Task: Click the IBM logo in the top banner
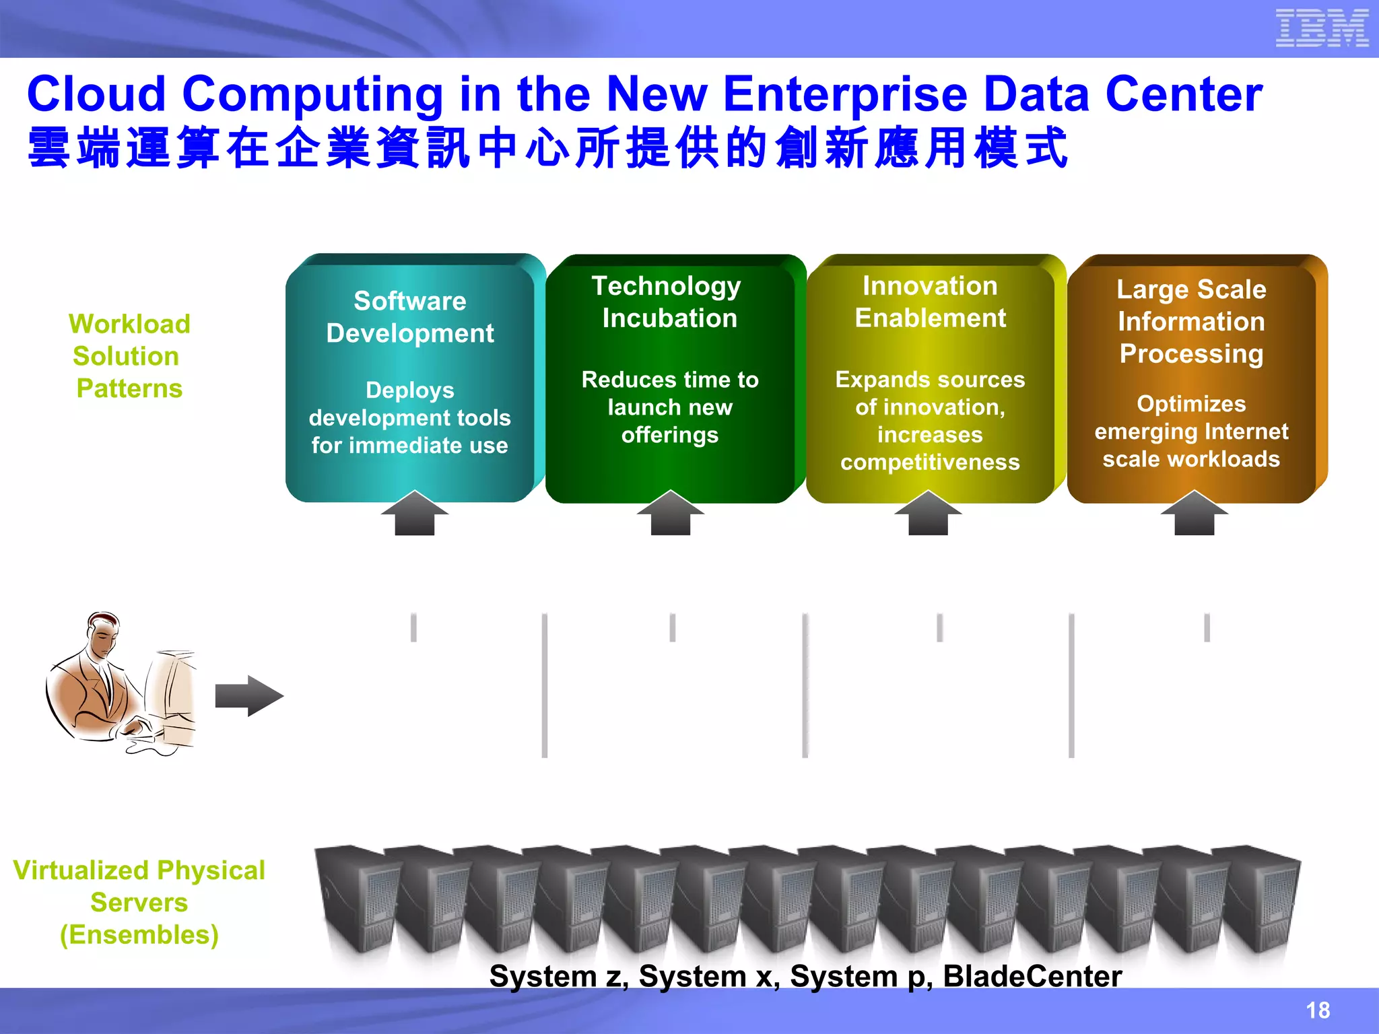point(1322,28)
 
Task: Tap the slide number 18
point(1318,1010)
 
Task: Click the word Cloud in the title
point(96,94)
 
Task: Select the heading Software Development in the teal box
point(410,317)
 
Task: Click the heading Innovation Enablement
point(930,302)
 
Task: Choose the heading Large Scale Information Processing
point(1191,322)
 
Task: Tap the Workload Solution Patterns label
point(129,356)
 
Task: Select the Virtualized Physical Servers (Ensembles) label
point(139,903)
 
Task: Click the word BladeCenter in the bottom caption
point(1032,976)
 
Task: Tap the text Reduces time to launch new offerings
point(670,407)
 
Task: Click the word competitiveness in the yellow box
point(930,462)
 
